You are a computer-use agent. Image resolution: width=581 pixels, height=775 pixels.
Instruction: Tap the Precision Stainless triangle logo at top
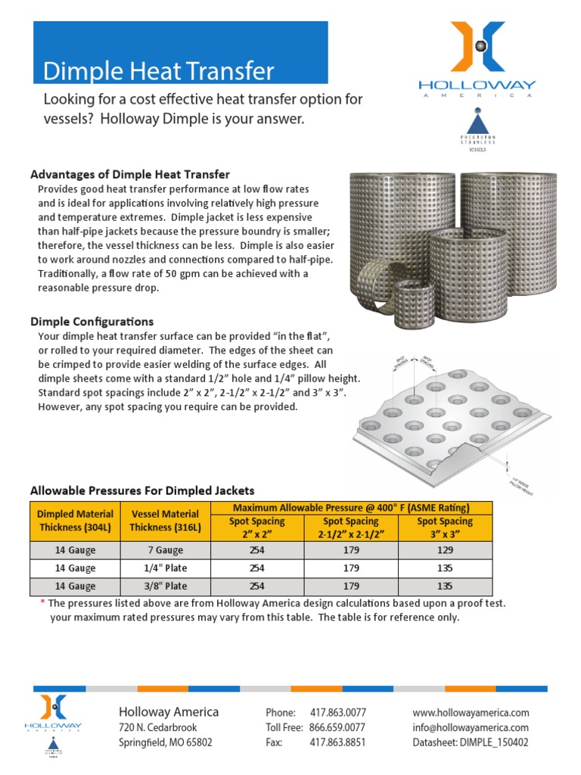click(x=478, y=130)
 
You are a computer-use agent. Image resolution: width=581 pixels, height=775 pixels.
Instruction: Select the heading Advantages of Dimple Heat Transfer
click(x=129, y=175)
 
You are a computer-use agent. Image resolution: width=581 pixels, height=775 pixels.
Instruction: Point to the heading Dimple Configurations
click(x=92, y=322)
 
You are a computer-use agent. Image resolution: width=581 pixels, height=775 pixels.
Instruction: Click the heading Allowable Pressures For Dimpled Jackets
click(x=141, y=490)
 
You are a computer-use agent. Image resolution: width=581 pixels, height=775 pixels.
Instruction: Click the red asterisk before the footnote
click(x=42, y=604)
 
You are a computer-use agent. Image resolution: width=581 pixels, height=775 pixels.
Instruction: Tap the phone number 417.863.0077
click(x=337, y=713)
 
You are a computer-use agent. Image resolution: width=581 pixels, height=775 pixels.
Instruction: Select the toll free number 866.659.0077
click(x=337, y=728)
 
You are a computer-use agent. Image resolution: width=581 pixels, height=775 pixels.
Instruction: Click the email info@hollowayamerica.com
click(x=471, y=728)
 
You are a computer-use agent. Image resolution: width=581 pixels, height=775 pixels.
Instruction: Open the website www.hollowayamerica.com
click(x=471, y=713)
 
